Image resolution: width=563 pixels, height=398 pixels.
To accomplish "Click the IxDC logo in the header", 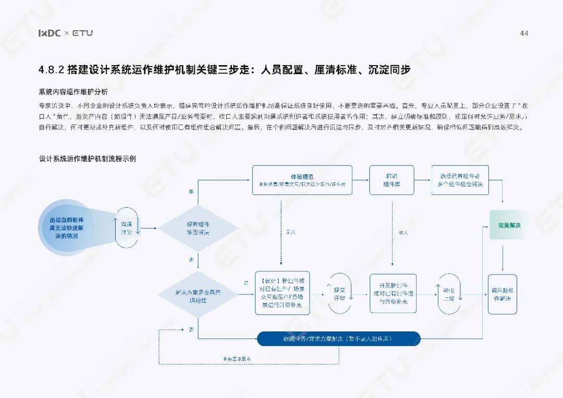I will (50, 33).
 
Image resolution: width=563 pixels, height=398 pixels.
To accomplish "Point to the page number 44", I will (524, 33).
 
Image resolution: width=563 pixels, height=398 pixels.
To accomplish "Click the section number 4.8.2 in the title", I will (51, 70).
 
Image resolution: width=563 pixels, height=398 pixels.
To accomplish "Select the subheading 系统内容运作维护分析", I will (73, 92).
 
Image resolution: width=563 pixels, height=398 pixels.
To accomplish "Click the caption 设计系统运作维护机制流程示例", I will (87, 158).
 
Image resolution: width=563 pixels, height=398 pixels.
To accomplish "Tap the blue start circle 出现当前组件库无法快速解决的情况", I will (67, 228).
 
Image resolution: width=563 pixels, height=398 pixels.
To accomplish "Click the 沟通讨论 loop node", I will (127, 228).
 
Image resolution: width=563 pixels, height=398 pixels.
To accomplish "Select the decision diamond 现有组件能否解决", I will (198, 228).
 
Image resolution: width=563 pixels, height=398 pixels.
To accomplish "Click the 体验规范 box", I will (302, 180).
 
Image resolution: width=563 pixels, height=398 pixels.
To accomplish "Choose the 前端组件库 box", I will (391, 180).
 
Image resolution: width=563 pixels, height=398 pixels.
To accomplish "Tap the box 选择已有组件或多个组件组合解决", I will (460, 180).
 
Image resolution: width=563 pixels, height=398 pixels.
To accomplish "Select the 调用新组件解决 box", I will (502, 294).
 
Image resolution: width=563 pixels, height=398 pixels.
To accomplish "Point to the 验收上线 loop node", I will (449, 294).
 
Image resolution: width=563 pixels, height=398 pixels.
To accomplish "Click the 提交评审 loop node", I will (339, 294).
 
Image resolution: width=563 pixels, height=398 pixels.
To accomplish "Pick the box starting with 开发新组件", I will (393, 293).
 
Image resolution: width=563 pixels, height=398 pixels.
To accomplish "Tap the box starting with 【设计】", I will (282, 293).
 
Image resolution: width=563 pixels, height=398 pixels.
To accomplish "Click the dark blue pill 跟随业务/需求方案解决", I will (339, 339).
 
